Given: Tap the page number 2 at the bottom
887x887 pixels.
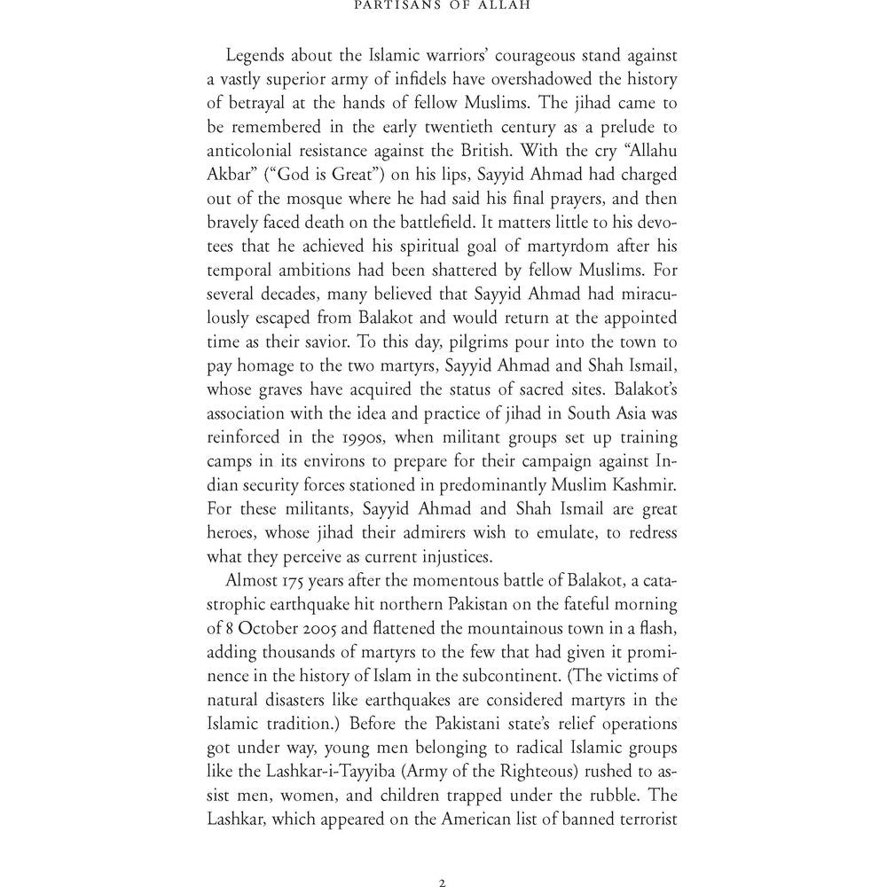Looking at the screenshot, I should (442, 883).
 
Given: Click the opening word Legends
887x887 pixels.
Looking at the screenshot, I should (258, 56).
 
